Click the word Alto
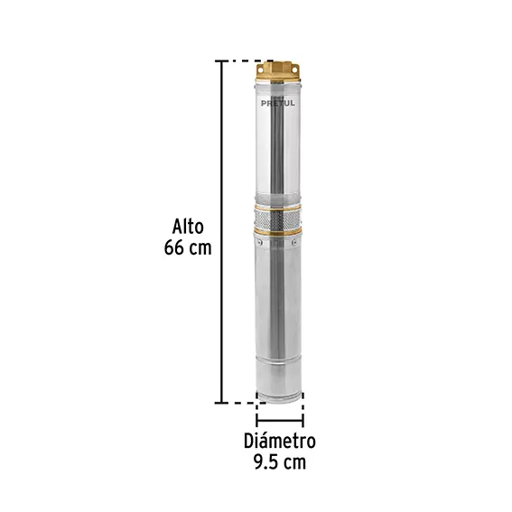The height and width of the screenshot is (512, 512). pyautogui.click(x=188, y=227)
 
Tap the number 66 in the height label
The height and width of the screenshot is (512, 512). pyautogui.click(x=174, y=247)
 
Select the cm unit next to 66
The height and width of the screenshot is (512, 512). pyautogui.click(x=200, y=249)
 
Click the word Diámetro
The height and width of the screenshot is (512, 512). pyautogui.click(x=280, y=441)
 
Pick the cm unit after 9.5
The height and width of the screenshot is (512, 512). pyautogui.click(x=295, y=463)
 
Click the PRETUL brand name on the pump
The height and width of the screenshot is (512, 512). pyautogui.click(x=277, y=103)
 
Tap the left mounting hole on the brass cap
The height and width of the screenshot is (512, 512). pyautogui.click(x=260, y=70)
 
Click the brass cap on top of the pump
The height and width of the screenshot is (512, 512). pyautogui.click(x=277, y=71)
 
